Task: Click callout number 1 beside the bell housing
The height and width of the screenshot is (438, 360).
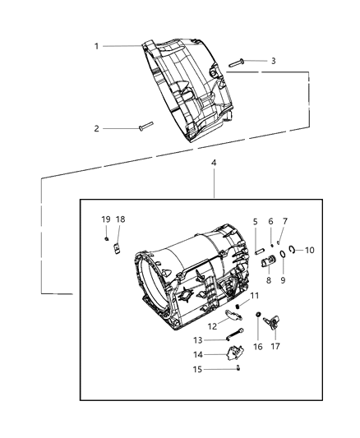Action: [96, 46]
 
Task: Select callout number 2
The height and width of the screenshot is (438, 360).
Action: [96, 128]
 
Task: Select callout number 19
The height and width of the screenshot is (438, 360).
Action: [105, 219]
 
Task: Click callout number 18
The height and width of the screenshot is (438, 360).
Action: [120, 219]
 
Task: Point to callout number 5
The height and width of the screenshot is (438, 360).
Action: [255, 221]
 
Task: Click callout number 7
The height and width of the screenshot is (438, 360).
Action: [285, 221]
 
